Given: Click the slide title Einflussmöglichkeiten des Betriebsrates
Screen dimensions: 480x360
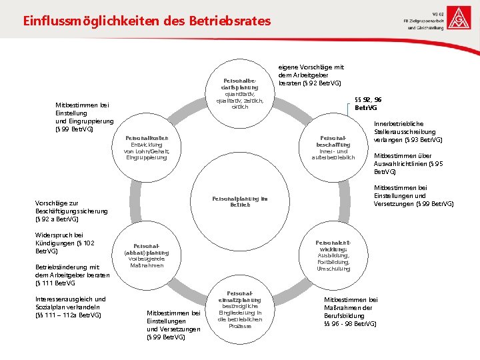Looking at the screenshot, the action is (147, 21).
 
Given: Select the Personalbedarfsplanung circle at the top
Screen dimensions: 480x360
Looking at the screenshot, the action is (239, 93).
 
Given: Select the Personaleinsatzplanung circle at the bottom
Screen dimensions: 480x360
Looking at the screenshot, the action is (239, 309).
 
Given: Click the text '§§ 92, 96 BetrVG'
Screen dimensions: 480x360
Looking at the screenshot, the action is (368, 103).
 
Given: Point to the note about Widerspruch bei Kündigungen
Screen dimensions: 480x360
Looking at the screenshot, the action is (60, 243).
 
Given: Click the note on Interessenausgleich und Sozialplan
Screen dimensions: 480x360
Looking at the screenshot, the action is (70, 306).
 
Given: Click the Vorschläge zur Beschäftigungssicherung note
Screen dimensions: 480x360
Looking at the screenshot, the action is (71, 210).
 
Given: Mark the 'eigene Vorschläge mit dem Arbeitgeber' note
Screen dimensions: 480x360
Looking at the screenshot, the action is (310, 75).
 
